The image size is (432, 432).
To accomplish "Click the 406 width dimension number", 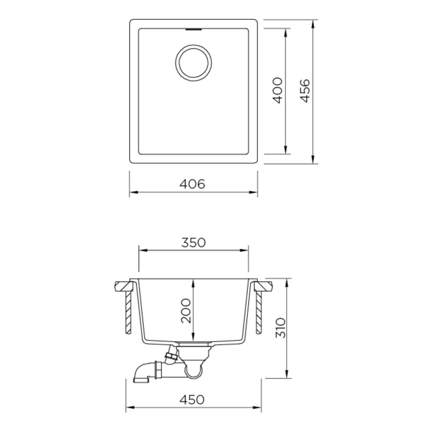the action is point(192,184).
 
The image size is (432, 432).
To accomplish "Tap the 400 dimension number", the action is point(278,90).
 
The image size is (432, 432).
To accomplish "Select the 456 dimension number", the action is point(305,90).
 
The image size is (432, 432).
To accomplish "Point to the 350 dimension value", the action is point(193,242).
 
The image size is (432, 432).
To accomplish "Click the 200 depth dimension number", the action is point(186,310).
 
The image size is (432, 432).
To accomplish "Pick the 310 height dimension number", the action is point(280,328).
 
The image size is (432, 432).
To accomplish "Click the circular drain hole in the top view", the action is point(193,62).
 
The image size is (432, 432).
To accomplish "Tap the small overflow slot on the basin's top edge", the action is point(194,29).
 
